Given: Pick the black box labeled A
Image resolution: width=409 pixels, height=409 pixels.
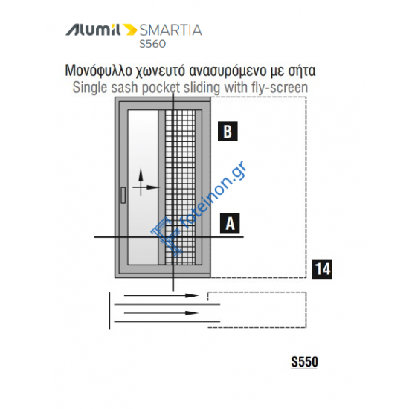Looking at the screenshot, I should tap(230, 222).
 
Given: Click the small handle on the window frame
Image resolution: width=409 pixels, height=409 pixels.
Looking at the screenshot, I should tap(122, 197).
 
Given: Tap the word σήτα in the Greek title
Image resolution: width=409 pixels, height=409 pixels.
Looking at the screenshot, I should tap(305, 71).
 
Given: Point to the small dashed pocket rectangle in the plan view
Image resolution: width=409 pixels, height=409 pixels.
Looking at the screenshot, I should tap(257, 307).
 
